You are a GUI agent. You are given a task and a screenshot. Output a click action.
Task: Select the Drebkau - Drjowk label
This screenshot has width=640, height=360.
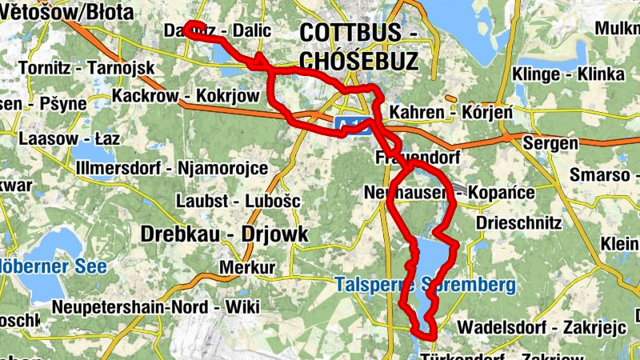223,233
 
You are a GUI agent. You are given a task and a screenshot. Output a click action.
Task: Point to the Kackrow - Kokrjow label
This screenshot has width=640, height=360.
186,96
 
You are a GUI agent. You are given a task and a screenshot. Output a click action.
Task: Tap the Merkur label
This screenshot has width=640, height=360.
246,266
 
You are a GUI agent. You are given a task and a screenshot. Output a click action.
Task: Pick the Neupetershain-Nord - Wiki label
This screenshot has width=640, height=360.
155,306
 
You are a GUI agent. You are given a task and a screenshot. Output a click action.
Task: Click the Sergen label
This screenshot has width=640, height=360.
550,143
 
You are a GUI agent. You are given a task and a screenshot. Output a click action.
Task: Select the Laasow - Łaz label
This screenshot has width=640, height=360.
69,138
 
